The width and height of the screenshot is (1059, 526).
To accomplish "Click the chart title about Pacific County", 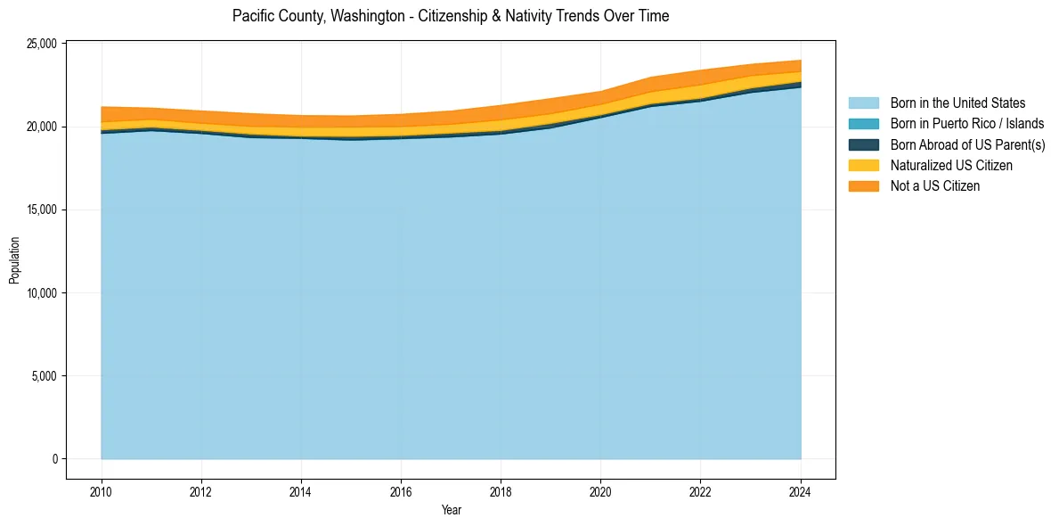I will (450, 16).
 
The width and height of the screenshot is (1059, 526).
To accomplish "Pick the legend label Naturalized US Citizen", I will (951, 165).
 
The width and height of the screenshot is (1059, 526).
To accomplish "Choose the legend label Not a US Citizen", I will (934, 185).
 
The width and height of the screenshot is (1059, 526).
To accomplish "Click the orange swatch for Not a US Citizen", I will (863, 185).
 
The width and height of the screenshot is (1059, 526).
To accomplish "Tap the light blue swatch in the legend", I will (863, 103).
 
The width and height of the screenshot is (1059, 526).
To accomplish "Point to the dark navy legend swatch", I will (863, 144).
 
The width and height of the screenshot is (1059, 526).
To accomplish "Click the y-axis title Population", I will (14, 260).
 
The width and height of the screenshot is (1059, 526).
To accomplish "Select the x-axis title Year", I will (451, 510).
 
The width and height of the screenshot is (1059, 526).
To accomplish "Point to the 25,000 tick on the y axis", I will (40, 44).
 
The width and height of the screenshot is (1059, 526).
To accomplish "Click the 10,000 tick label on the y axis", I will (40, 293).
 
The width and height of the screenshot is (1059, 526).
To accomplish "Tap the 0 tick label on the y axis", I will (54, 459).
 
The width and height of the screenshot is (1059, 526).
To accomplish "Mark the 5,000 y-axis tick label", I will (43, 376).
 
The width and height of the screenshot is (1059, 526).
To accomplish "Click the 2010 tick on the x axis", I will (102, 491).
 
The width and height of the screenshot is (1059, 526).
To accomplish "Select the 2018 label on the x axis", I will (501, 491).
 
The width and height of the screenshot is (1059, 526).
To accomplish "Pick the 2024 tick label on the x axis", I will (801, 491).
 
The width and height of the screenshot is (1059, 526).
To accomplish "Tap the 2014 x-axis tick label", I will (301, 491).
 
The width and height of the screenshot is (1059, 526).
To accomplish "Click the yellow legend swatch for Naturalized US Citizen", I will (863, 165).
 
